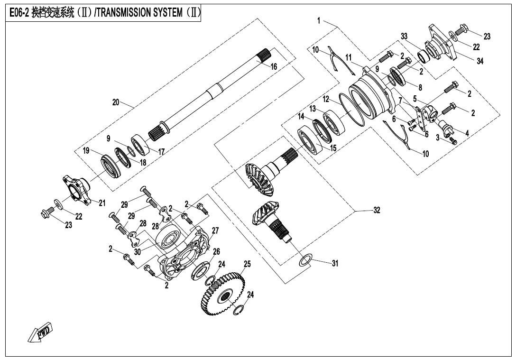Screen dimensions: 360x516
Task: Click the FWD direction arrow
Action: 41,332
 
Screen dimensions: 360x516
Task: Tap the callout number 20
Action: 116,102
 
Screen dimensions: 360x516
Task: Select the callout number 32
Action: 377,210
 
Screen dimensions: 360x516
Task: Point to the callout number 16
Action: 274,67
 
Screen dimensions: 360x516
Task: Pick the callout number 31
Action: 335,264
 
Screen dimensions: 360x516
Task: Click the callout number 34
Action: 480,61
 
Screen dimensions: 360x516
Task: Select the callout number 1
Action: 319,20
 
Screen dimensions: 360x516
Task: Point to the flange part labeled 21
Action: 78,187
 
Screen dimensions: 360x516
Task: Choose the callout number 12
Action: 326,100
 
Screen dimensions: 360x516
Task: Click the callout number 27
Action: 215,231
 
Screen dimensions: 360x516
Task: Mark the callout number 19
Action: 86,151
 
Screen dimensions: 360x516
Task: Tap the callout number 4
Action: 467,134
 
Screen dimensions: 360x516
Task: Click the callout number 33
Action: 404,37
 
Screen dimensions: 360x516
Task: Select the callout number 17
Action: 161,152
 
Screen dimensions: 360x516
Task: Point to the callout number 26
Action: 216,251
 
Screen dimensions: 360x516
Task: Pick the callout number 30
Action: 137,252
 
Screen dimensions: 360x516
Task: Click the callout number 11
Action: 349,57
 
